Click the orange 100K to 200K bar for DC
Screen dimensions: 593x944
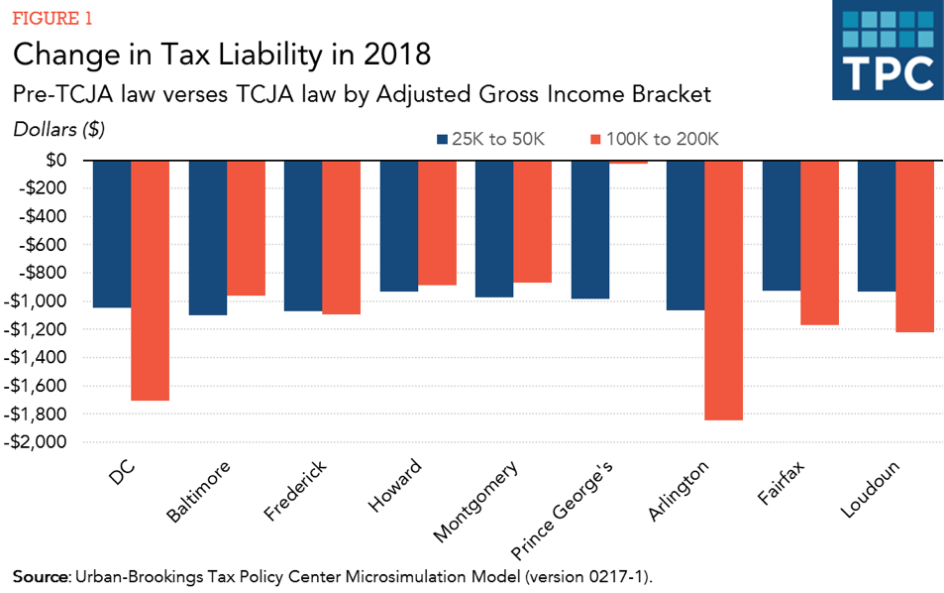tap(151, 281)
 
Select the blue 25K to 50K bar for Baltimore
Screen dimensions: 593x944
tap(208, 238)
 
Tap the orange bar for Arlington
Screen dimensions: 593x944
tap(723, 290)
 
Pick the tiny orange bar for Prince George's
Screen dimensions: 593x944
tap(628, 162)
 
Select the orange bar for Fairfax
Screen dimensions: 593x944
tap(819, 243)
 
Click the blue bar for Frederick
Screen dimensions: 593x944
tap(303, 236)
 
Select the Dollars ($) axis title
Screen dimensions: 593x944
tap(59, 129)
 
